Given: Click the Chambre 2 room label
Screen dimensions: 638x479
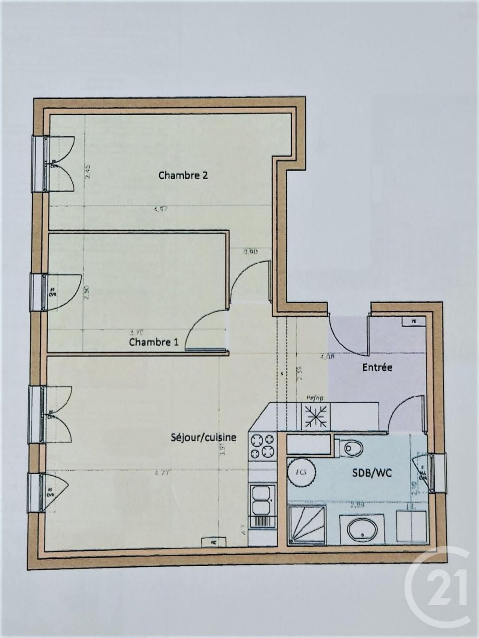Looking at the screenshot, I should (183, 175).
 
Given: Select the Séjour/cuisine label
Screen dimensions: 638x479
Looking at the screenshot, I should (203, 437).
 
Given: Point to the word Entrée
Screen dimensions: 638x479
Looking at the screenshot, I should (377, 367).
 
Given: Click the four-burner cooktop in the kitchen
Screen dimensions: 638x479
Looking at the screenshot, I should (263, 446).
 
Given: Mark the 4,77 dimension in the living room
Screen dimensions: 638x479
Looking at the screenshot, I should (162, 473).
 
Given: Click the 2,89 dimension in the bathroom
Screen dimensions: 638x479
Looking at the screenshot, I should (357, 503).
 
